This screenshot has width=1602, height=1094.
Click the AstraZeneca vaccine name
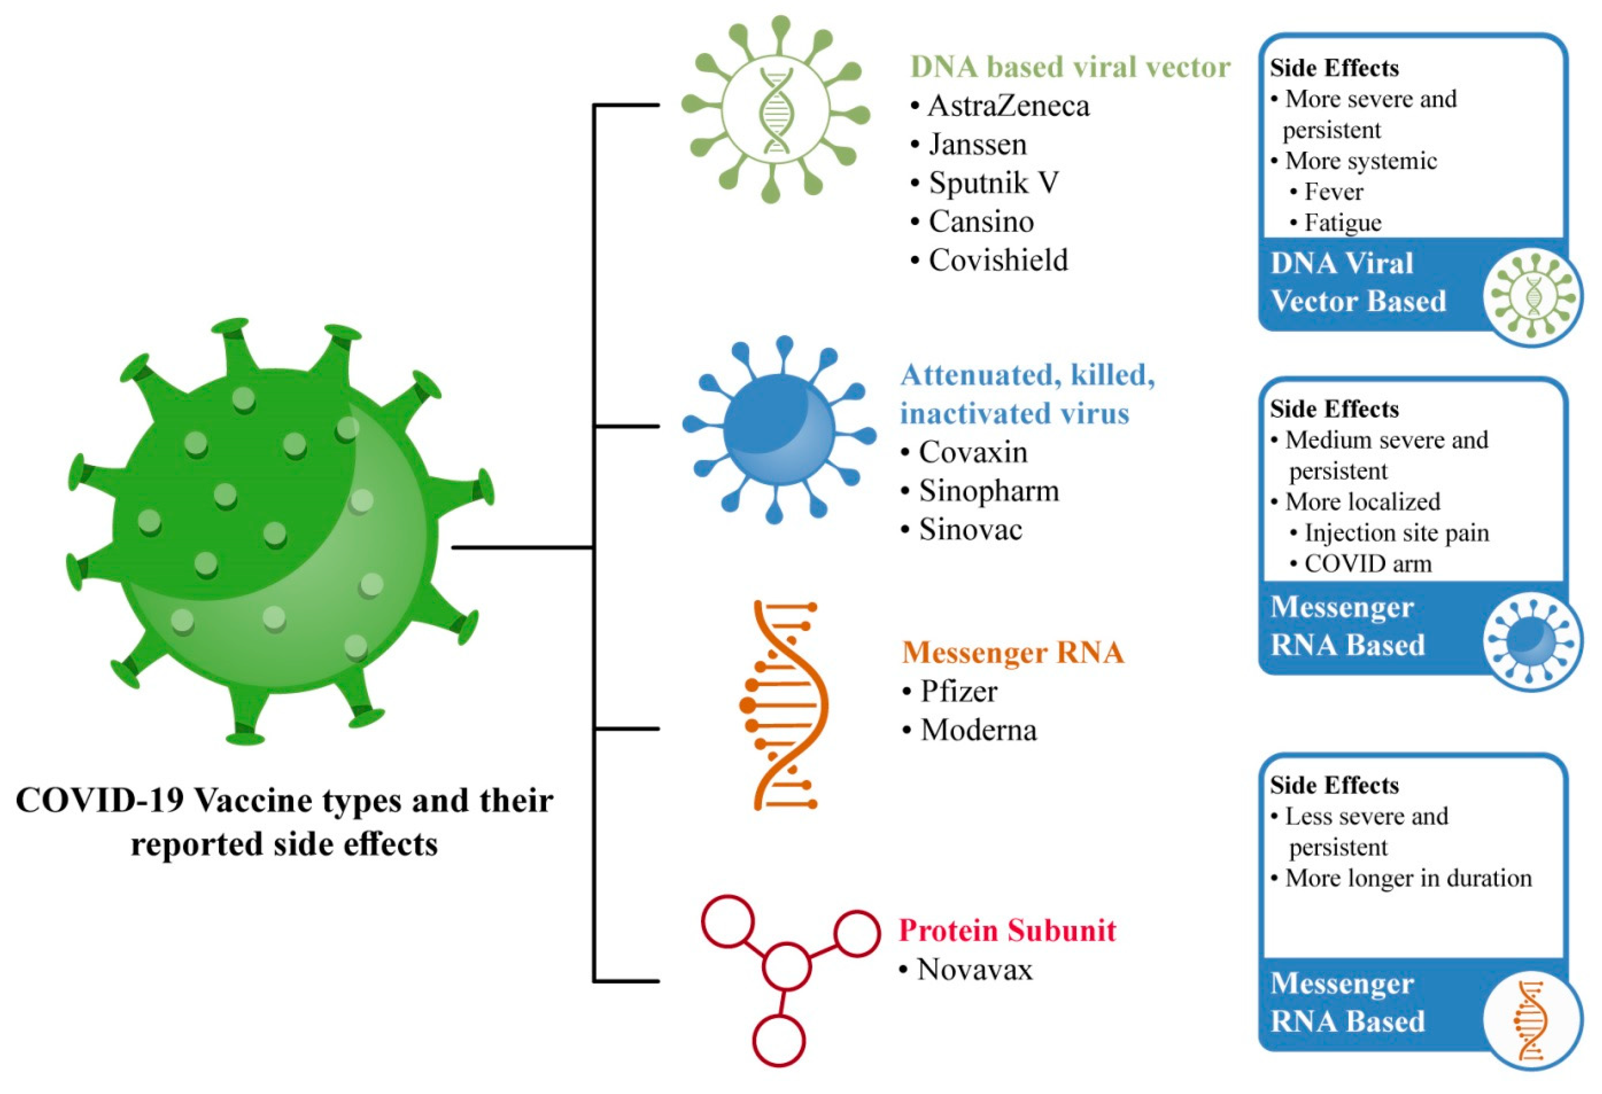(x=1008, y=106)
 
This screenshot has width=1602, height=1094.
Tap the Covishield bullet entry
(x=997, y=260)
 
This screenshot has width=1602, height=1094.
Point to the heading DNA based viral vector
(x=1070, y=67)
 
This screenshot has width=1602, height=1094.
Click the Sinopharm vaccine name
(x=989, y=491)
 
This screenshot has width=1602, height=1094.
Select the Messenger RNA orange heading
(x=1013, y=653)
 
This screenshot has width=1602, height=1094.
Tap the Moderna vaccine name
(x=978, y=730)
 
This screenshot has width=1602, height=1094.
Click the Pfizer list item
(x=959, y=692)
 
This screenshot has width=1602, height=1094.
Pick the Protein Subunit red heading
(x=1007, y=931)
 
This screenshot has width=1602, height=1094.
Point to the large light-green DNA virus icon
(x=775, y=110)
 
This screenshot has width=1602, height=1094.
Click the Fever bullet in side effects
(x=1333, y=192)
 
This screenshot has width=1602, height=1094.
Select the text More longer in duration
(x=1408, y=878)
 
